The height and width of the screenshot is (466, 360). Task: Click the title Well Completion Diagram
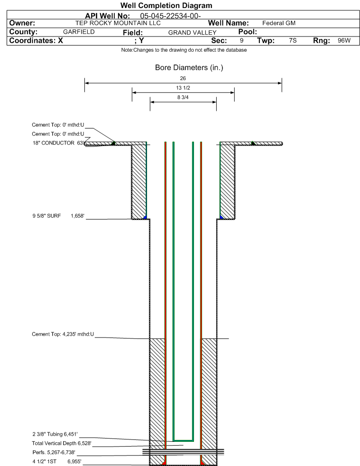[x=166, y=5]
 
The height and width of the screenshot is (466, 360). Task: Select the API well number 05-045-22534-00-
[x=170, y=16]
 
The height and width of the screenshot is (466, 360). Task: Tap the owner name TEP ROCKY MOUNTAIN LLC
[x=118, y=23]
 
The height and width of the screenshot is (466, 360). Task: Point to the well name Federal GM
[x=279, y=23]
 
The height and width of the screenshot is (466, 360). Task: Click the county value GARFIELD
[x=79, y=32]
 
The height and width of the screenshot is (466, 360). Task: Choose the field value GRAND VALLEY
[x=193, y=32]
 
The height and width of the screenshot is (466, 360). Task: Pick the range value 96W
[x=344, y=40]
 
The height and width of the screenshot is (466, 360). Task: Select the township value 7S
[x=293, y=40]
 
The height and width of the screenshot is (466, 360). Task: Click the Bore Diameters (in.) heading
[x=189, y=67]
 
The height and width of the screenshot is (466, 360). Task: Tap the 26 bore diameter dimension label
[x=183, y=78]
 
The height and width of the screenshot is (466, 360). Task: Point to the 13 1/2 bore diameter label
[x=183, y=88]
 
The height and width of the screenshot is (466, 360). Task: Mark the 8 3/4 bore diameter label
[x=183, y=97]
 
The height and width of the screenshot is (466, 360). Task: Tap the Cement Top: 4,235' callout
[x=63, y=334]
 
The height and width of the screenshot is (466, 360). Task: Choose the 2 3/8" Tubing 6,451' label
[x=55, y=434]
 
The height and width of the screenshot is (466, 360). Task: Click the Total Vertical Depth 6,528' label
[x=62, y=443]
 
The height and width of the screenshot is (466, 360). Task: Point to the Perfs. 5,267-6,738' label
[x=54, y=452]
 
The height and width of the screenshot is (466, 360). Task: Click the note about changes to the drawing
[x=184, y=50]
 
